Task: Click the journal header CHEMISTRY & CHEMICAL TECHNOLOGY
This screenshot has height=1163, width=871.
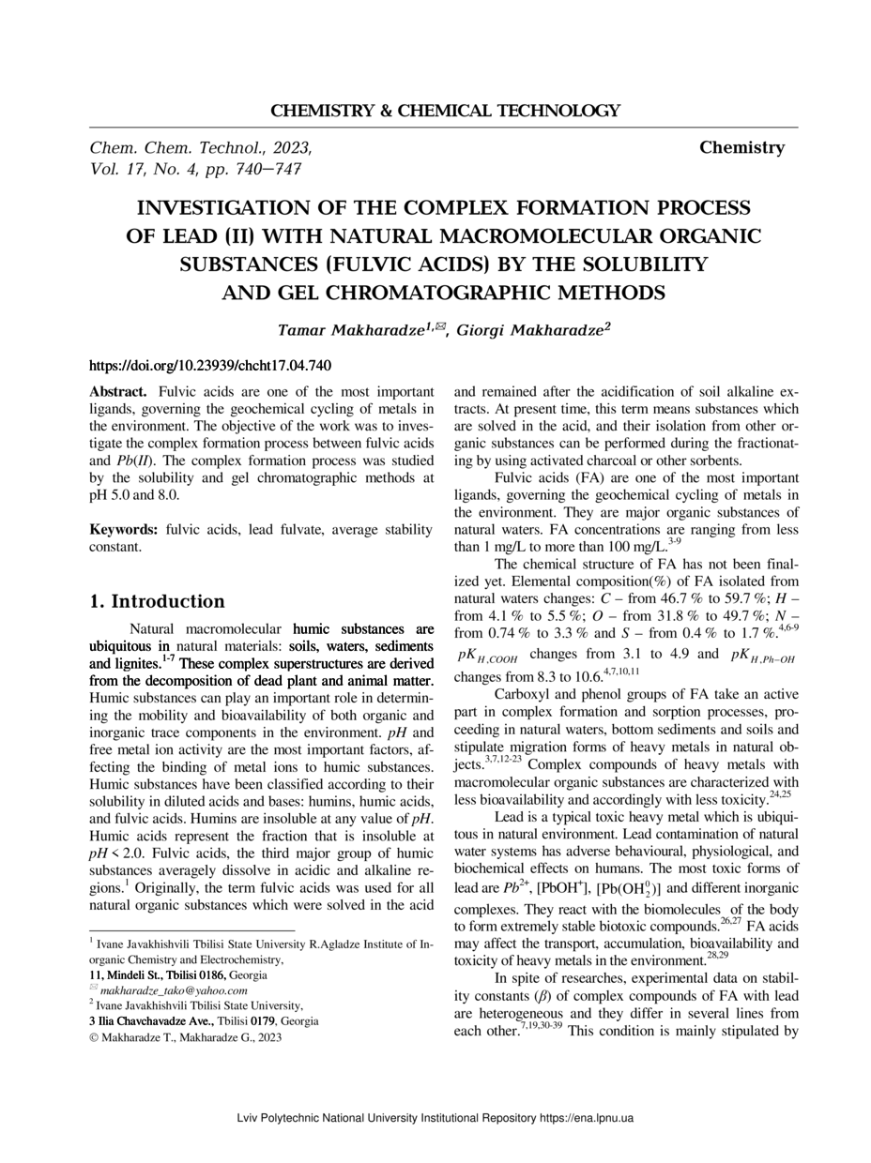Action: click(445, 111)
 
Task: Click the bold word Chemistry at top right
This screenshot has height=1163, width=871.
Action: click(741, 147)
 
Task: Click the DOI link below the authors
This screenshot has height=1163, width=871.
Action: click(209, 366)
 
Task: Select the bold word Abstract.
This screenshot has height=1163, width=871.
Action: click(117, 391)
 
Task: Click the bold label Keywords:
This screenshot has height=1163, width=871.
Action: click(124, 530)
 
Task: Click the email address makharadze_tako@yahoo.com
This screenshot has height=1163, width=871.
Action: click(174, 989)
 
